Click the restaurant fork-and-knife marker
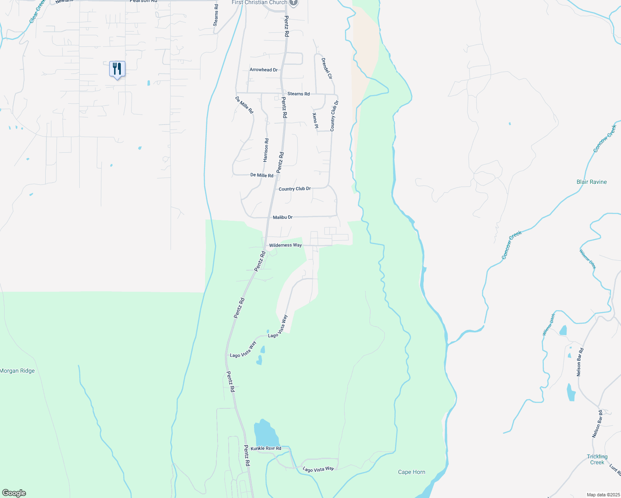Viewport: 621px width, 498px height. point(117,69)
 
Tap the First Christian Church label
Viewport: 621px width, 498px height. point(259,2)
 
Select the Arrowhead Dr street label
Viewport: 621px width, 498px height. point(264,70)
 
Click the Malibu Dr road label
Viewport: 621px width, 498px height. point(283,217)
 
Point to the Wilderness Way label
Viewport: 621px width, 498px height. point(285,245)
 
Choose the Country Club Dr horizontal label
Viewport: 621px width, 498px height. point(295,189)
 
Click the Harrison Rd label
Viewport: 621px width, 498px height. point(266,150)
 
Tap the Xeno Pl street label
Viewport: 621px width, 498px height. point(315,120)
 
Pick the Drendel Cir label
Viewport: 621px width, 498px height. point(327,68)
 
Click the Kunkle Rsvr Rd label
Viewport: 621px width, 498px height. point(266,449)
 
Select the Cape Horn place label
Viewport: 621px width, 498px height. point(411,472)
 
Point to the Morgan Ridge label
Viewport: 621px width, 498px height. point(17,371)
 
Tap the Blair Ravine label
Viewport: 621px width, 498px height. point(592,182)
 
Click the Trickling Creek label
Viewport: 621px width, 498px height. point(597,459)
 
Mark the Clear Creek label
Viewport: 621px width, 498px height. point(37,12)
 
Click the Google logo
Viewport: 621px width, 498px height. point(14,493)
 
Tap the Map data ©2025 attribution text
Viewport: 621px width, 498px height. point(603,495)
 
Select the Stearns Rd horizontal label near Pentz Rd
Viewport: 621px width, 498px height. point(298,94)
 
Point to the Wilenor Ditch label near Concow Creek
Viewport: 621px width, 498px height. point(587,259)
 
